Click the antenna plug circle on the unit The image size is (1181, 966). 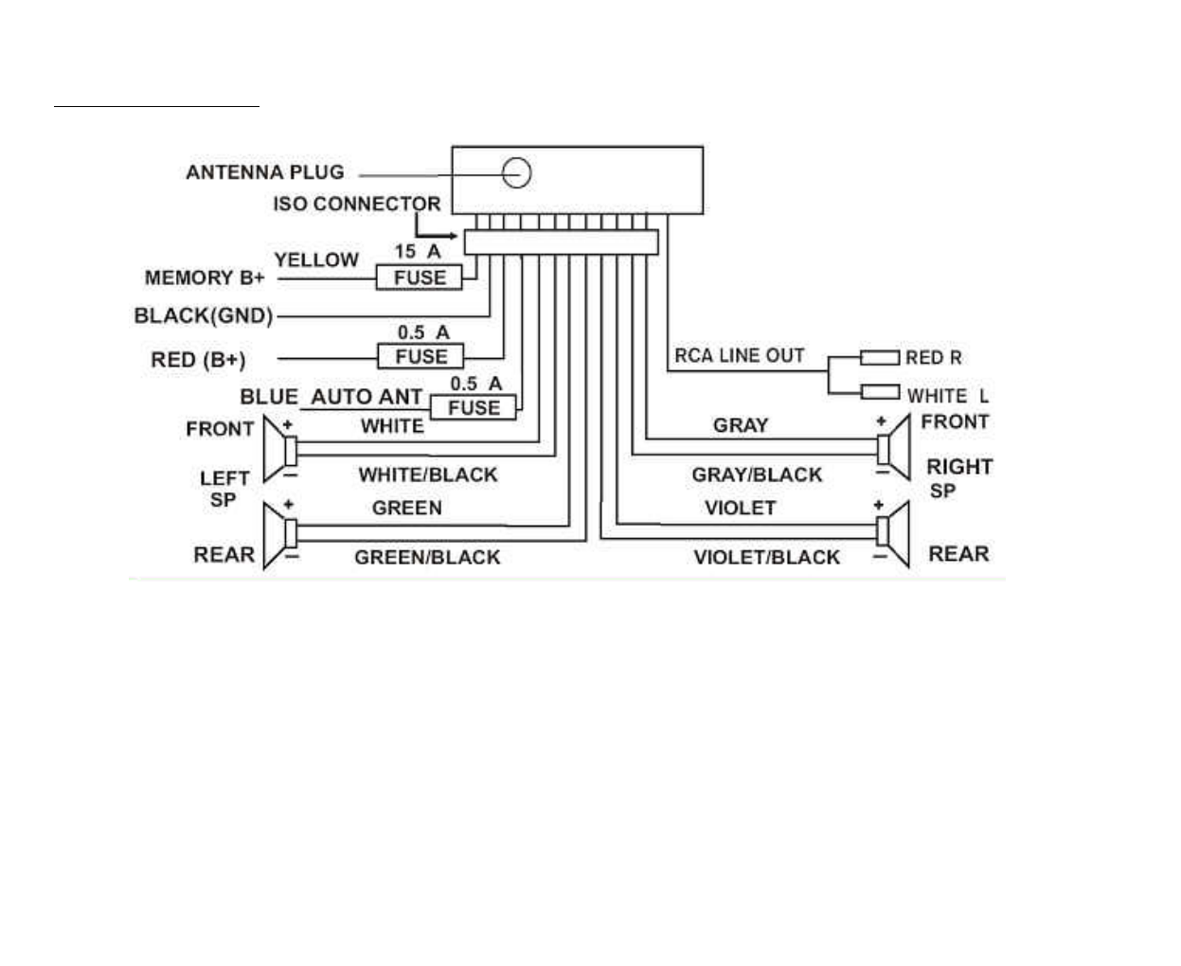(516, 172)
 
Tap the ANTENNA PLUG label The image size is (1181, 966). (265, 172)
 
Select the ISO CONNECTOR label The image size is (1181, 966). (357, 204)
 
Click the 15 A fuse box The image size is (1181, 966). (419, 277)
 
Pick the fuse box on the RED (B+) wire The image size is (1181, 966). (421, 357)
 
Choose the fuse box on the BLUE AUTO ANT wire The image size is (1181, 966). (474, 408)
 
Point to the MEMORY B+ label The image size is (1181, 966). (205, 277)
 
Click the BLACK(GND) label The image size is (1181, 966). (204, 315)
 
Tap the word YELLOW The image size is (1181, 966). (316, 259)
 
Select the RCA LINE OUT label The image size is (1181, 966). (740, 355)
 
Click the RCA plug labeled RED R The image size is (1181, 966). (880, 357)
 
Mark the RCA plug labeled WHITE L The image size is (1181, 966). (880, 391)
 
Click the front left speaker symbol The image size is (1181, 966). (278, 447)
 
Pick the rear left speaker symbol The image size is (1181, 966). (278, 534)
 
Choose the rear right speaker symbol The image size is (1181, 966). (895, 533)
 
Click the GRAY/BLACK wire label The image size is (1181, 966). (757, 474)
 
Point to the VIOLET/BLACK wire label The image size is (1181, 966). (766, 557)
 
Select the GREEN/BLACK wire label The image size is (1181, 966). (427, 557)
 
